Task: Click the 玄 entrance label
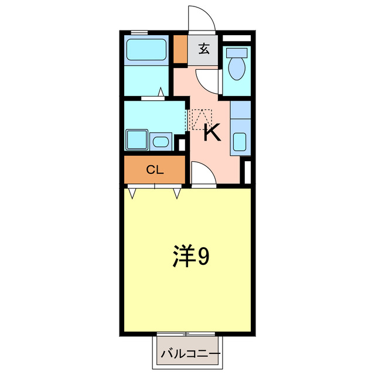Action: tap(203, 49)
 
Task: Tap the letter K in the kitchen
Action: tap(212, 132)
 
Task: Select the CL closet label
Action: tap(155, 170)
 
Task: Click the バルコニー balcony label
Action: tap(190, 354)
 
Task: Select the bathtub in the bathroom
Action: tap(147, 49)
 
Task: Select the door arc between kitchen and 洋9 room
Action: tap(203, 173)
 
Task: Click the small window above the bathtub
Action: tap(139, 32)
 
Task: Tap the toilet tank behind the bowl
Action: tap(238, 52)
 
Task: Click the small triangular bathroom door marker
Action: tap(160, 92)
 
